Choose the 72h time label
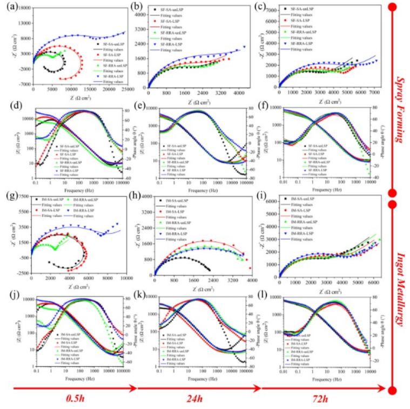322,398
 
